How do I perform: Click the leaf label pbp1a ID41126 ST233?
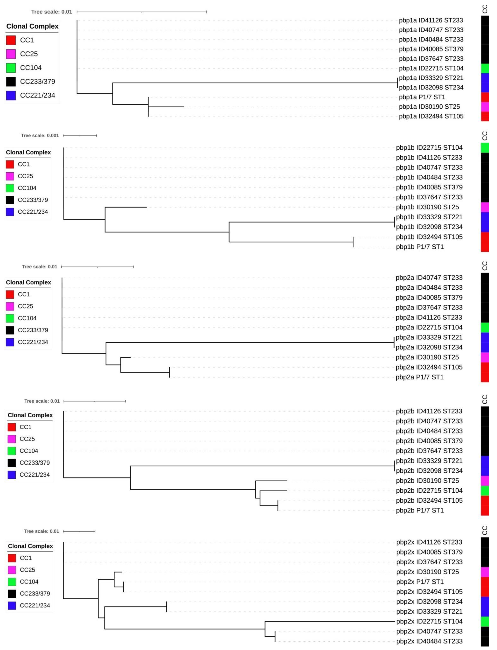[431, 20]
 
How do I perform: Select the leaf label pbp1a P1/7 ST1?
[422, 97]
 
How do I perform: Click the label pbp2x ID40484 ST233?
[429, 641]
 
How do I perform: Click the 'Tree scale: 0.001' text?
[40, 136]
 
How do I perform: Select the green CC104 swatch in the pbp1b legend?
[10, 188]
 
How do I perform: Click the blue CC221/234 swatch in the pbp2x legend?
[12, 605]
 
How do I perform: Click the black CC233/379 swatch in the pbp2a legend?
[10, 330]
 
